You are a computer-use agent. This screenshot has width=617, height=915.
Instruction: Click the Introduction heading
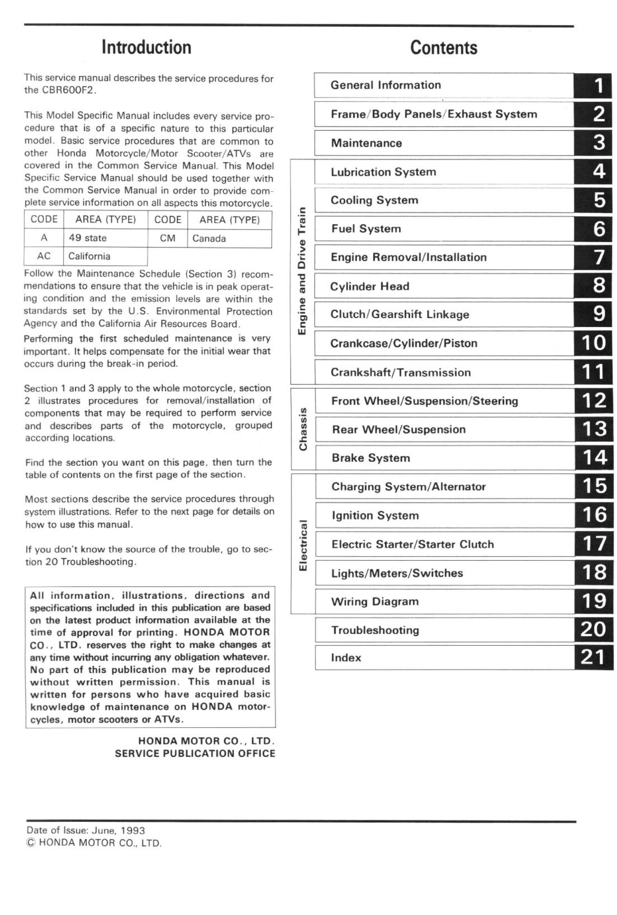click(146, 48)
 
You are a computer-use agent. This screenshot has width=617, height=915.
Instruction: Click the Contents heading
click(444, 48)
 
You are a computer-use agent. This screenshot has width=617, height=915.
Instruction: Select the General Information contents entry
click(386, 85)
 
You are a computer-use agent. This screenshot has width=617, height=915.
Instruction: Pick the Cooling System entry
click(374, 200)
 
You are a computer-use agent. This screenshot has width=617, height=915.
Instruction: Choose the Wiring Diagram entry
click(375, 602)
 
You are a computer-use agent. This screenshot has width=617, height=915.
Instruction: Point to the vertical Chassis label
click(302, 429)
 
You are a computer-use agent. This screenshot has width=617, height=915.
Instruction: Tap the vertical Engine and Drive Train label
click(302, 271)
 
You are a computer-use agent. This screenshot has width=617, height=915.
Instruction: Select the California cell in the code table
click(89, 257)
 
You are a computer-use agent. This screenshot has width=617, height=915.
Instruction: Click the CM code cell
click(168, 238)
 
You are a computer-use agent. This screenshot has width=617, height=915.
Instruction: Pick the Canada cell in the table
click(209, 239)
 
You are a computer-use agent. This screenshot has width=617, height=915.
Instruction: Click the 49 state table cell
click(88, 238)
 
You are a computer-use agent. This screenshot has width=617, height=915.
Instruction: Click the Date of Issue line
click(85, 830)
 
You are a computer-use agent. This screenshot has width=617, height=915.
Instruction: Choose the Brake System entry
click(371, 458)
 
